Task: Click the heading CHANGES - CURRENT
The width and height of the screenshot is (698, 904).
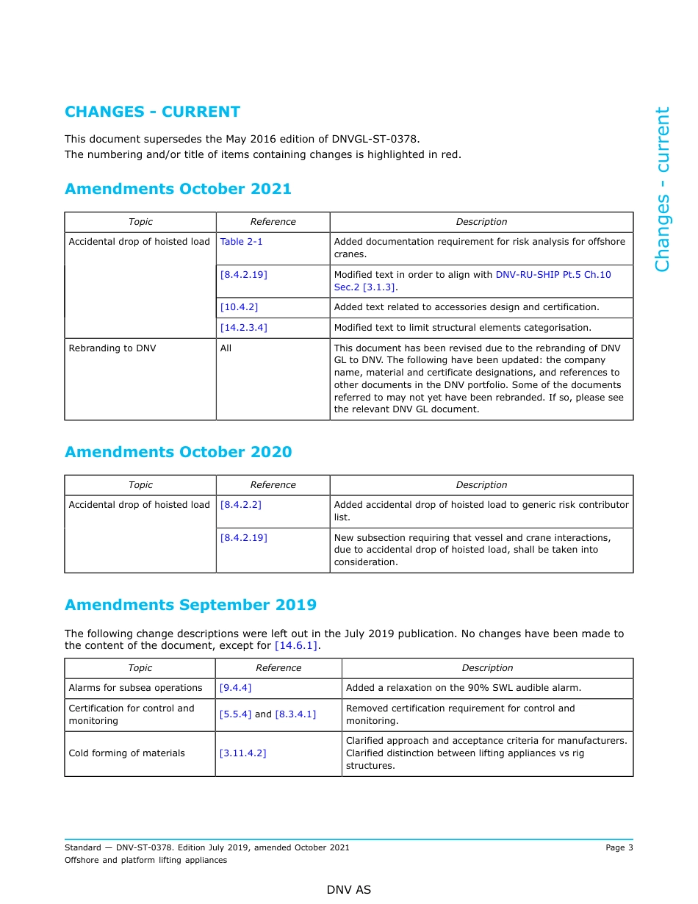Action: coord(152,112)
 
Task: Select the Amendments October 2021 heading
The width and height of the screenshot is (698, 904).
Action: coord(178,189)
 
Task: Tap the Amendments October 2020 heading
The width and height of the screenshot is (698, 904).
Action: coord(178,452)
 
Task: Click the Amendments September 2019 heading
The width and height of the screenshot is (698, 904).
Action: coord(190,605)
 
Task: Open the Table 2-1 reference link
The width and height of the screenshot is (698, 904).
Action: coord(241,242)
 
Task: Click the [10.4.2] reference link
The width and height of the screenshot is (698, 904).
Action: coord(239,307)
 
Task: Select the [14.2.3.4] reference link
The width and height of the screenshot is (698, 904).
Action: coord(243,328)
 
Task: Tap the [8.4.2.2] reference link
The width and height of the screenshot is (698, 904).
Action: coord(240,505)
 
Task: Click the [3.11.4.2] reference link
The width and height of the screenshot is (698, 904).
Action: coord(242,753)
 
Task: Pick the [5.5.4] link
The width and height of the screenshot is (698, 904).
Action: coord(235,714)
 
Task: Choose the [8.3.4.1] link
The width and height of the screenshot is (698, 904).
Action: coord(295,714)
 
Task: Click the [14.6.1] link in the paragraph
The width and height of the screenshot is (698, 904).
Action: coord(296,646)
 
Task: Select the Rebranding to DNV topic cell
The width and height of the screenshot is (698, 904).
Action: coord(112,348)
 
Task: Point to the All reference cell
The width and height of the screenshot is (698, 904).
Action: coord(226,348)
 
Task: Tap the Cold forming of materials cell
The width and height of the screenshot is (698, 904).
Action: coord(126,753)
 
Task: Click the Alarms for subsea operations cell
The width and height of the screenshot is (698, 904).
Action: coord(135,688)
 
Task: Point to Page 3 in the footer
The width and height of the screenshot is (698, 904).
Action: coord(619,847)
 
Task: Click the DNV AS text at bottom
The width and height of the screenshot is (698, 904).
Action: coord(349,890)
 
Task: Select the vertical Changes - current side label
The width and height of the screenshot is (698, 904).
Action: coord(662,189)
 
